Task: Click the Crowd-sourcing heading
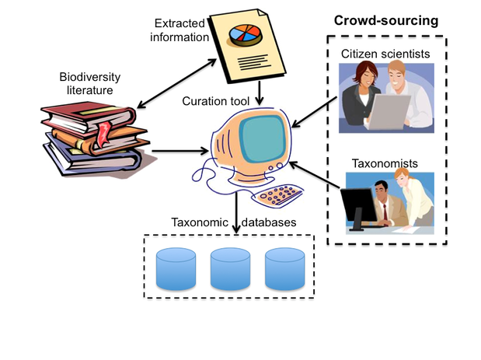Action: pos(386,21)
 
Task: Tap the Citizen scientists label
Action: pos(385,54)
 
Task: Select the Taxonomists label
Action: pos(385,163)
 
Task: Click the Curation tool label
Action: pos(216,101)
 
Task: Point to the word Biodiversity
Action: pos(90,77)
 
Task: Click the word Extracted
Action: pos(180,23)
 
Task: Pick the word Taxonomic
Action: pos(200,222)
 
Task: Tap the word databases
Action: pos(269,222)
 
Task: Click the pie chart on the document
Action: pos(246,35)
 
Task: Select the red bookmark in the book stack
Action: pos(103,134)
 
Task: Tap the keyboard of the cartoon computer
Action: pos(277,195)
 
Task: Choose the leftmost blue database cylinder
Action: pos(176,269)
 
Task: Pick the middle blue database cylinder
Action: pos(230,269)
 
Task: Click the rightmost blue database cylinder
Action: pos(284,269)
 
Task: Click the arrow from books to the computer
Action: pos(180,151)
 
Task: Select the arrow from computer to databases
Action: pos(236,212)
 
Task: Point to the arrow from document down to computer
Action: pos(260,93)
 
